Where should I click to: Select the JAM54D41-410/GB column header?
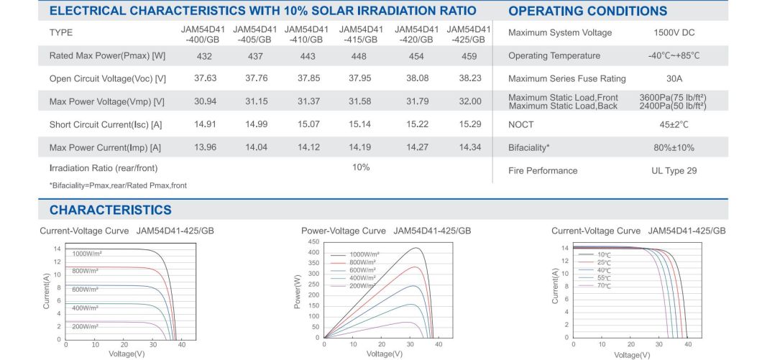pos(306,34)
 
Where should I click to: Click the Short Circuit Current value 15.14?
pos(359,125)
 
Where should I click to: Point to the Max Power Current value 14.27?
pos(417,148)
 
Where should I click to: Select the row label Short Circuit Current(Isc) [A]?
pos(106,125)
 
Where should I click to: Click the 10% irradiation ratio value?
pos(360,167)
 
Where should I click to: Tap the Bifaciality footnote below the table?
pos(118,185)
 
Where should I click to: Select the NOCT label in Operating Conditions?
pos(521,125)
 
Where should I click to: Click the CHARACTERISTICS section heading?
pos(110,210)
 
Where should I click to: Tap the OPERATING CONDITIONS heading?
pos(587,11)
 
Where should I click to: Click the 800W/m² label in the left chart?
pos(85,271)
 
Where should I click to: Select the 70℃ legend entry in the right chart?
pos(603,285)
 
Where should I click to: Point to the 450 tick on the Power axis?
pos(313,242)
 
